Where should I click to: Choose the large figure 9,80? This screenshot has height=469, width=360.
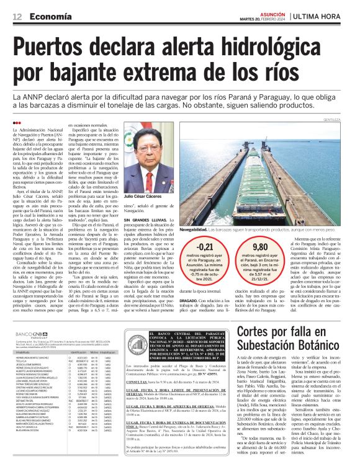[x=261, y=248]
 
